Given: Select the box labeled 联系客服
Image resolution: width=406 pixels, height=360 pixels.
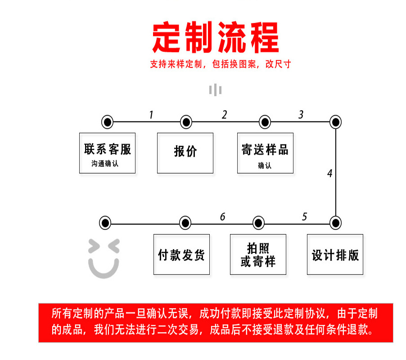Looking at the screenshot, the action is point(107,153).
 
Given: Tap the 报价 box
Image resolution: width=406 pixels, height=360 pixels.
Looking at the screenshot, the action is point(185,153).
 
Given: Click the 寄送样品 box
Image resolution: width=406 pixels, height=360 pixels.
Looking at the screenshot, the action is point(265,153).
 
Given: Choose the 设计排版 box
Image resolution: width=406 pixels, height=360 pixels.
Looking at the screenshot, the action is point(335,254).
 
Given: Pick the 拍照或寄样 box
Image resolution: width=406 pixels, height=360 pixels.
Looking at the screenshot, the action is point(258,254).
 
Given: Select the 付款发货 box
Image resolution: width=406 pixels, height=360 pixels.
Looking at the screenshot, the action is point(181,254).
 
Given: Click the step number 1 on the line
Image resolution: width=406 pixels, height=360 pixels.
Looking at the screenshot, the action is point(151,115).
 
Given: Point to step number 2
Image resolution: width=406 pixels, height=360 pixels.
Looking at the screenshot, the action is point(224,115).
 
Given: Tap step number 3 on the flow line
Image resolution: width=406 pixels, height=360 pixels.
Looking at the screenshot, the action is point(301,115).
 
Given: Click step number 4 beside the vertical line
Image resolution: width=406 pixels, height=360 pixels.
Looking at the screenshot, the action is point(329,173).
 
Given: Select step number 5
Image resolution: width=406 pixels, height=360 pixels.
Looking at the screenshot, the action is point(304,217).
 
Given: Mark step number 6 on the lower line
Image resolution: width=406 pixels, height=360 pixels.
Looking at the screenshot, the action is point(222,217).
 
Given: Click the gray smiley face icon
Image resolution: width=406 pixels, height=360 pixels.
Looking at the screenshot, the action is point(104,258).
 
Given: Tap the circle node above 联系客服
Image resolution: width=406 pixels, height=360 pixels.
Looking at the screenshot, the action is point(107,121).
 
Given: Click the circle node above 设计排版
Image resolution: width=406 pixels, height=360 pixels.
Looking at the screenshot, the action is point(335,222).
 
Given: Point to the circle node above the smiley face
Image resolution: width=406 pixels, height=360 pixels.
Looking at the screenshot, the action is point(105,222).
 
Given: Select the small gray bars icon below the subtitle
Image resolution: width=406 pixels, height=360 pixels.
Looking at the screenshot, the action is point(215,90).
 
